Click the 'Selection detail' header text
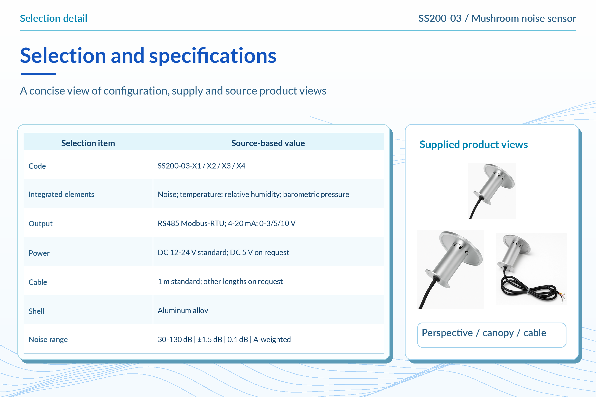pos(53,18)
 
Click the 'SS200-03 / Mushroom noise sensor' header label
pos(497,18)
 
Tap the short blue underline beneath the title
pos(38,74)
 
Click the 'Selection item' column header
pos(88,143)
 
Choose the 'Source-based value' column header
pos(268,143)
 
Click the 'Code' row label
pos(37,166)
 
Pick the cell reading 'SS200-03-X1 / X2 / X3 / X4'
pos(201,166)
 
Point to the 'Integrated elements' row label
pos(61,195)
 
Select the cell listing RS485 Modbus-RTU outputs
pos(226,223)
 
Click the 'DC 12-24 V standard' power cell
pos(223,252)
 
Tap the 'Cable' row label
pos(38,282)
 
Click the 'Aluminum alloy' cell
pos(183,310)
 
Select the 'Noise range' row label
pos(48,339)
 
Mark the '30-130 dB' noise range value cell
pos(224,339)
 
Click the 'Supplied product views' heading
pos(474,145)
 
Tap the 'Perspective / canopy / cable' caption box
pos(492,335)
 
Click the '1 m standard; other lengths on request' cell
pos(220,282)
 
